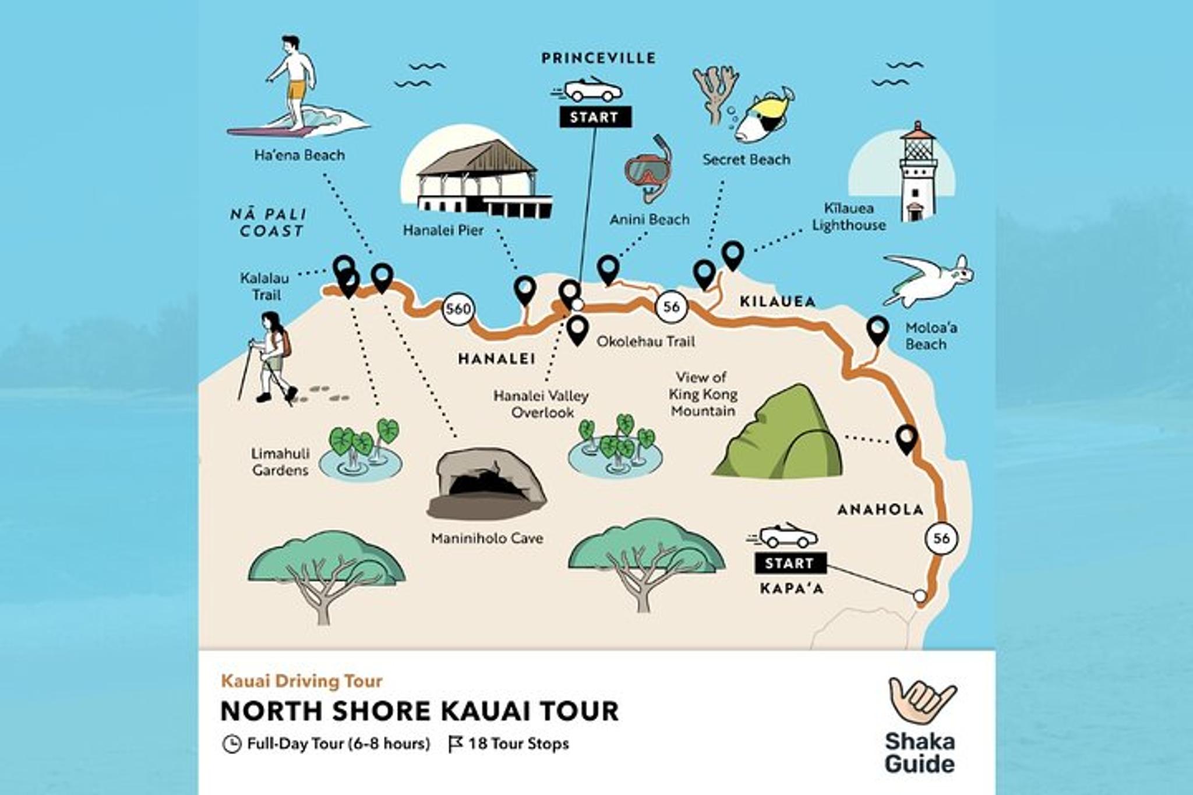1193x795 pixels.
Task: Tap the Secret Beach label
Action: tap(746, 160)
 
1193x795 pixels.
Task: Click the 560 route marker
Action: tap(458, 308)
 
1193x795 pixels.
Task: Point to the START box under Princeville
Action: tap(595, 117)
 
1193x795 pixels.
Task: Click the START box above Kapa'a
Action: tap(790, 563)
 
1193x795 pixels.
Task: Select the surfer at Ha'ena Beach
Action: tap(294, 87)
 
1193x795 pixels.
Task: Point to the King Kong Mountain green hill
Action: tap(779, 434)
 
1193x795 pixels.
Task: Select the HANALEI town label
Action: tap(496, 359)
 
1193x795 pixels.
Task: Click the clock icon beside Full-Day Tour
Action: tap(231, 744)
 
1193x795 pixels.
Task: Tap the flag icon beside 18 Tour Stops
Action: tap(455, 744)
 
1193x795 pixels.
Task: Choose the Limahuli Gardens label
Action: tap(280, 462)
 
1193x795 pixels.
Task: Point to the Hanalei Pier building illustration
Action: tap(481, 178)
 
